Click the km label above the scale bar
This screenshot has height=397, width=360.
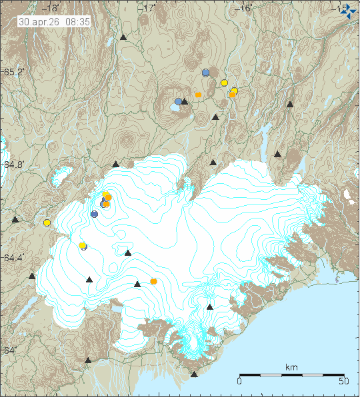coord(291,368)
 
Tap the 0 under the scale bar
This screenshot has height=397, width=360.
coord(239,382)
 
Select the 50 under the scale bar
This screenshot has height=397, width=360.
coord(345,382)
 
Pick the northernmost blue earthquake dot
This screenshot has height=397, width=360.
coord(206,73)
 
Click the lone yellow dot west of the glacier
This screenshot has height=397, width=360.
coord(47,222)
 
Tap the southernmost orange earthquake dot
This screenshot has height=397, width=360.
coord(154,281)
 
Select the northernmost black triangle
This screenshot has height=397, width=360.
coord(123,37)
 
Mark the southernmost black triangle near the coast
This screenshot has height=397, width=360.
coord(194,374)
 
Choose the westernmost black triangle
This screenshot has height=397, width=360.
coord(15,218)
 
